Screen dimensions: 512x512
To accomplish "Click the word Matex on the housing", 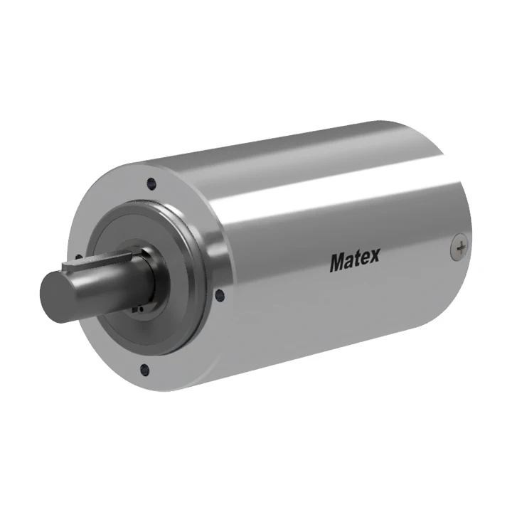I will tap(354, 261).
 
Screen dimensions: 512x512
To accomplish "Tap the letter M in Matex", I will tap(337, 262).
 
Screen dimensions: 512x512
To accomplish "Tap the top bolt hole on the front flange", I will tap(151, 183).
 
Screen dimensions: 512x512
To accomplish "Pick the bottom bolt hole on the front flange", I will tap(145, 369).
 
